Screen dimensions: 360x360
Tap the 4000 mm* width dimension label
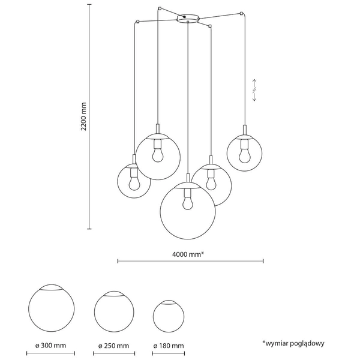[188, 253]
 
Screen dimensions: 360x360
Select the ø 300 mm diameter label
[50, 346]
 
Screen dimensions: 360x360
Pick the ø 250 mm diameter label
[114, 346]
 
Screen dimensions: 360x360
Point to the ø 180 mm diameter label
[169, 346]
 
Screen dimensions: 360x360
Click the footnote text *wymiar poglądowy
[293, 343]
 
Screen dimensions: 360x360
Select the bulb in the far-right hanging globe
[244, 155]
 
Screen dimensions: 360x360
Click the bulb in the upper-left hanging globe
[158, 154]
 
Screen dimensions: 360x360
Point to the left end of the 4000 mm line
[118, 261]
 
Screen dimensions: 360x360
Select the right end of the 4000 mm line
[263, 261]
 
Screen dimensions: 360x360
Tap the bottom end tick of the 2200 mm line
[90, 229]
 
